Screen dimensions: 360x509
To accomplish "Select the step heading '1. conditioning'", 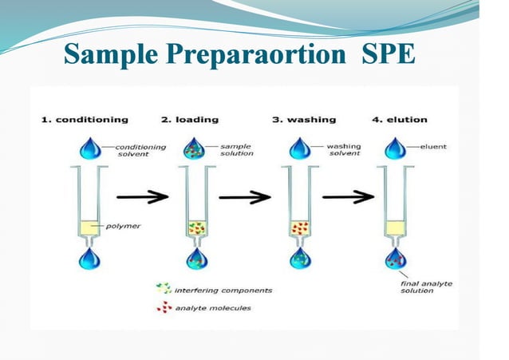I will [84, 119].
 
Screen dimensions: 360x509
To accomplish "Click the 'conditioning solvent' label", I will [141, 150].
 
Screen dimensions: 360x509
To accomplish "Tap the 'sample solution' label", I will [236, 150].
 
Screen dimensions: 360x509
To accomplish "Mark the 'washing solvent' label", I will [345, 150].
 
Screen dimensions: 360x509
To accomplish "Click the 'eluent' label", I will [435, 147].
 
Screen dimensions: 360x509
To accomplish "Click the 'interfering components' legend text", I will [223, 290].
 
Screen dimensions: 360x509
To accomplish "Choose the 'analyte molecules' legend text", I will [214, 308].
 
